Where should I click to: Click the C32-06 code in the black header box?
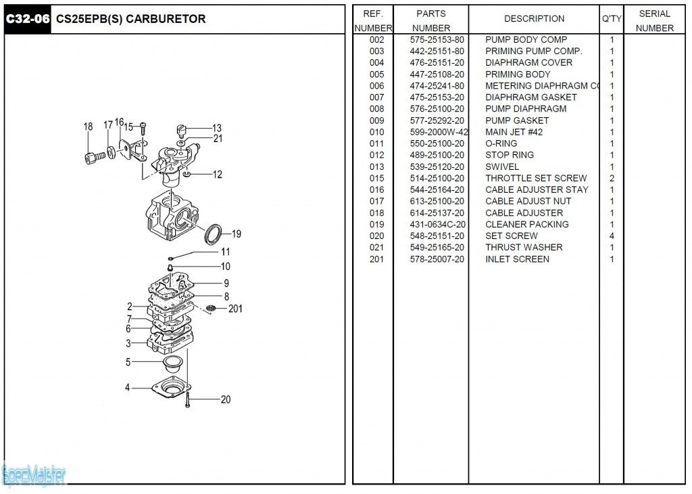point(28,19)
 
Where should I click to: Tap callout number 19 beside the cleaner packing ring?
point(236,234)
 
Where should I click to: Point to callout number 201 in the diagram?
point(235,309)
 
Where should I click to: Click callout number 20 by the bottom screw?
point(225,399)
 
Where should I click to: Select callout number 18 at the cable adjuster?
point(89,127)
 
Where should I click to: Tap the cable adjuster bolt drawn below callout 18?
point(93,157)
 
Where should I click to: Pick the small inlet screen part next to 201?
point(212,309)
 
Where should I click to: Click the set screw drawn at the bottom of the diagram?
point(187,401)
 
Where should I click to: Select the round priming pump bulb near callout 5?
point(172,363)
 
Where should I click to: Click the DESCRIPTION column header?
point(534,19)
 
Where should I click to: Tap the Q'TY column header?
point(611,19)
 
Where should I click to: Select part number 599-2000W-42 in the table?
point(439,132)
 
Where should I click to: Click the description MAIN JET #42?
point(514,132)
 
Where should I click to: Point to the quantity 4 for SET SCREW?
point(612,235)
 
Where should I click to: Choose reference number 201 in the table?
point(376,259)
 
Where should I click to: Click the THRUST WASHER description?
point(524,248)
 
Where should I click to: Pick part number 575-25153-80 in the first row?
point(437,40)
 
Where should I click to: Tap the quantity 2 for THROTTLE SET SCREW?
point(612,178)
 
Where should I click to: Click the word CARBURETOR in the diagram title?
point(166,19)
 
